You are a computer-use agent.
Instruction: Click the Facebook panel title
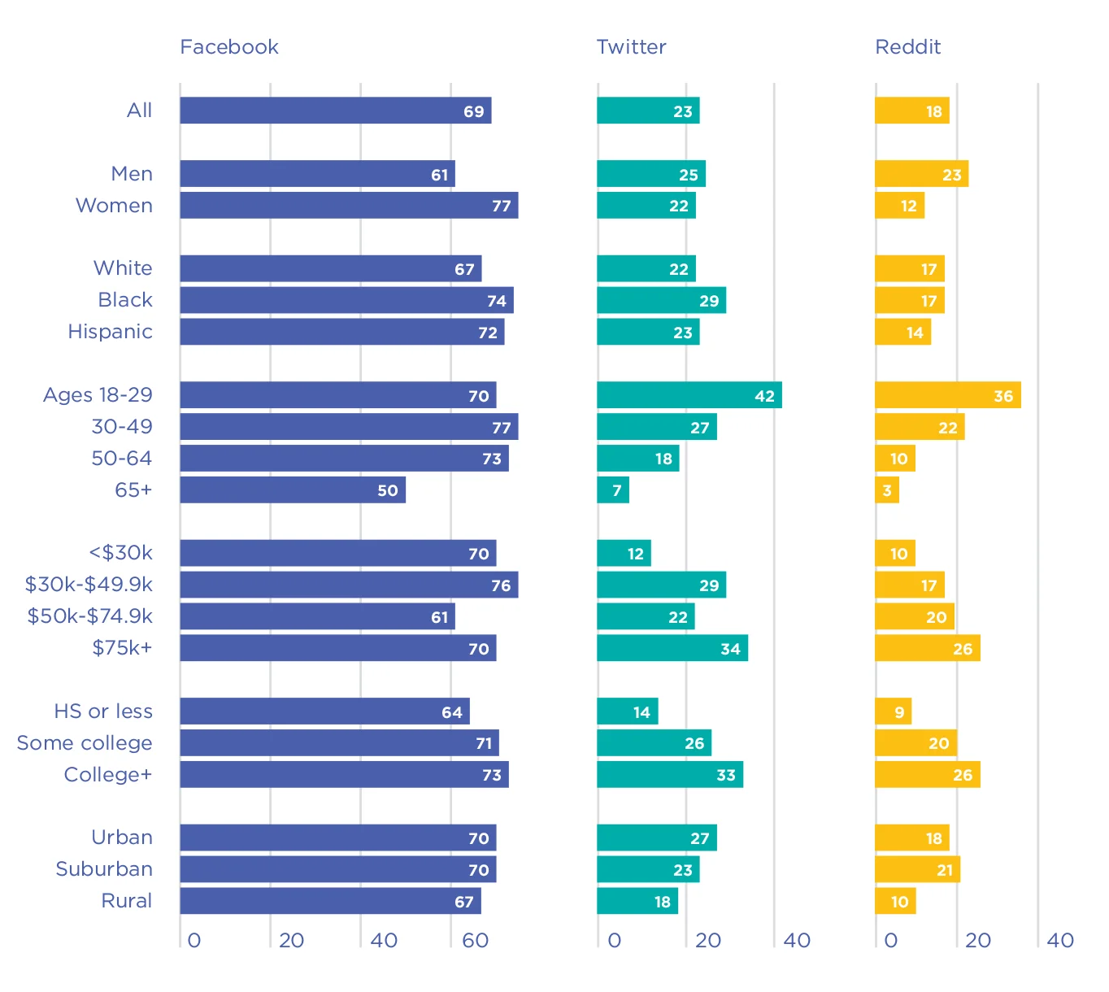click(229, 47)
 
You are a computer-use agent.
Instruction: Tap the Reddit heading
click(907, 47)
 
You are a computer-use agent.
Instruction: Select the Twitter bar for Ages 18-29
click(689, 395)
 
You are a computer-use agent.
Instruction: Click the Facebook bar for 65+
click(293, 490)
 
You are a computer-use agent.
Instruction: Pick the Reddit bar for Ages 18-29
click(947, 395)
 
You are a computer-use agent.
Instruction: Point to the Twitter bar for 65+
click(612, 490)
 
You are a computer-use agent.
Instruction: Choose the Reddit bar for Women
click(899, 206)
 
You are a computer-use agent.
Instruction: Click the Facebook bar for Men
click(317, 174)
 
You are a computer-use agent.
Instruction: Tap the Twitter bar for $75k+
click(672, 648)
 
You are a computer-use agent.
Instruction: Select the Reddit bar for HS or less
click(893, 711)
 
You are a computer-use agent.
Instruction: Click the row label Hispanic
click(111, 332)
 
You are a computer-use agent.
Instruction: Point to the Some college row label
click(85, 743)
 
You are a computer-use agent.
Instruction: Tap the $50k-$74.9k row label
click(90, 616)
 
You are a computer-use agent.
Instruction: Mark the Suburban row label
click(104, 869)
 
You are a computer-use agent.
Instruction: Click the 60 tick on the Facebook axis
click(475, 941)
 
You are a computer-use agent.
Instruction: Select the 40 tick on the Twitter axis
click(797, 941)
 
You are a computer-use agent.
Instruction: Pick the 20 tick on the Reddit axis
click(977, 941)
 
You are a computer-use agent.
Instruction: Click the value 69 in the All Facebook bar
click(474, 111)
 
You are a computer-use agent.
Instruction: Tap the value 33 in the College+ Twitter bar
click(726, 776)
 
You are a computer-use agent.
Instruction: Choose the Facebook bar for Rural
click(330, 901)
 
